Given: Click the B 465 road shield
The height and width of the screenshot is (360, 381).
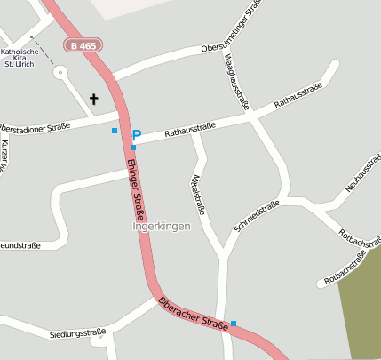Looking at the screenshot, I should (83, 44).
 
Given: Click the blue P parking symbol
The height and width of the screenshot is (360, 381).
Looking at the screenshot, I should (136, 135).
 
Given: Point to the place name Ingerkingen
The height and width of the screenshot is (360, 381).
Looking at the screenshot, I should (161, 227).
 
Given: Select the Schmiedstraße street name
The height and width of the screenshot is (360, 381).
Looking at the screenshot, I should (257, 216).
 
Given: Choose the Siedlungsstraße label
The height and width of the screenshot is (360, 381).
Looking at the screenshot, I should (78, 334).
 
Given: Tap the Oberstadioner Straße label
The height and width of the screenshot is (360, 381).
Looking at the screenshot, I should (36, 128).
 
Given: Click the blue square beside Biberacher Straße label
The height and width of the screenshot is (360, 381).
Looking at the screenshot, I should (234, 323).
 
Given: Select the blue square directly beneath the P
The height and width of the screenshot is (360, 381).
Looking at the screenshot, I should (133, 148).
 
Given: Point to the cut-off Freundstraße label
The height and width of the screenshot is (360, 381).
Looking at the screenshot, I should (20, 245).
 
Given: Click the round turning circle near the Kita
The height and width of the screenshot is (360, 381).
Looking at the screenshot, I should (60, 73).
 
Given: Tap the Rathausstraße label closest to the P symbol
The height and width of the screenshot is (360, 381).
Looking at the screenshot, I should (191, 131).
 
